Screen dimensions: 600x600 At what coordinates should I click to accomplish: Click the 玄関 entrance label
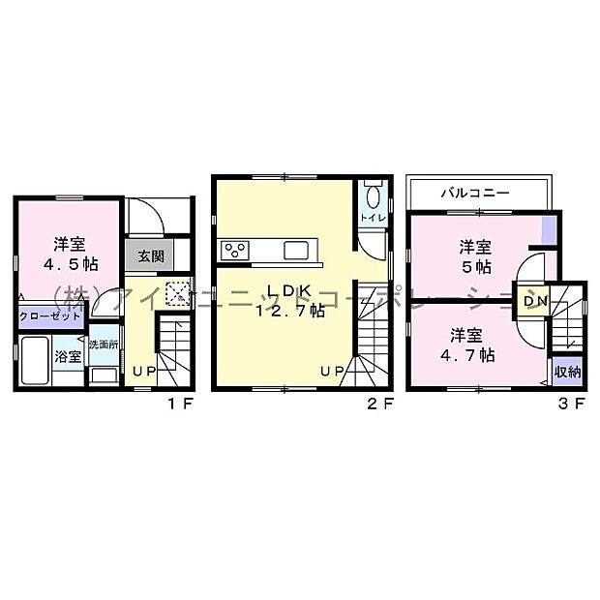coord(150,256)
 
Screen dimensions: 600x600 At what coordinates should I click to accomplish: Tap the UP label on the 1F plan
coord(143,372)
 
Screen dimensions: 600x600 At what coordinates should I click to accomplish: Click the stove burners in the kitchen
coord(235,251)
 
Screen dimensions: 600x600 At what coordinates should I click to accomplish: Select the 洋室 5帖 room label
coord(474,255)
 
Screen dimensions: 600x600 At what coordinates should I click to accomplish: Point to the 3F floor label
coord(573,405)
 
